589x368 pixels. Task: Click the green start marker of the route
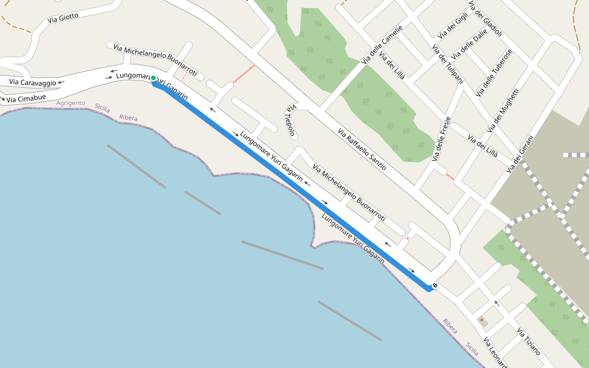[153, 79]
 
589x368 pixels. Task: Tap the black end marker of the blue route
[434, 285]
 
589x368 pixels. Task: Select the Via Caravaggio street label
[33, 82]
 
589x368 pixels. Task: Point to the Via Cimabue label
[26, 98]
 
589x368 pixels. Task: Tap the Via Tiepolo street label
[290, 120]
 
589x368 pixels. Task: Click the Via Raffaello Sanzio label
[362, 149]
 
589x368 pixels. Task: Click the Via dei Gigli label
[452, 26]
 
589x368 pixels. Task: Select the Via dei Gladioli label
[485, 18]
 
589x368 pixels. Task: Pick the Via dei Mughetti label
[503, 110]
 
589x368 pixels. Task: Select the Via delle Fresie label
[441, 139]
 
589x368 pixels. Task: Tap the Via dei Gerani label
[520, 153]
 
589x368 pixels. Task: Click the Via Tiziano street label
[528, 342]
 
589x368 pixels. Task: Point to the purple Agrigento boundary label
[71, 103]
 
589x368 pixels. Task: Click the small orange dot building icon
[482, 320]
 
